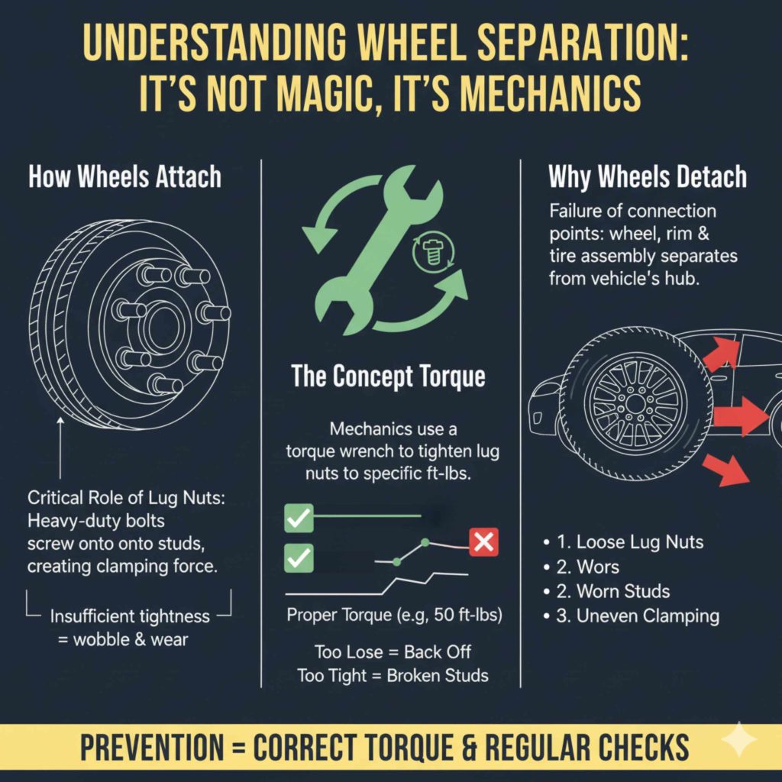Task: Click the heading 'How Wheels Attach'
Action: (x=124, y=176)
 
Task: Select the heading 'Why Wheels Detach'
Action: (x=648, y=176)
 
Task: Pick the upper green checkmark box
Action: (x=298, y=518)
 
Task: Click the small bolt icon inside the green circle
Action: (x=428, y=254)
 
